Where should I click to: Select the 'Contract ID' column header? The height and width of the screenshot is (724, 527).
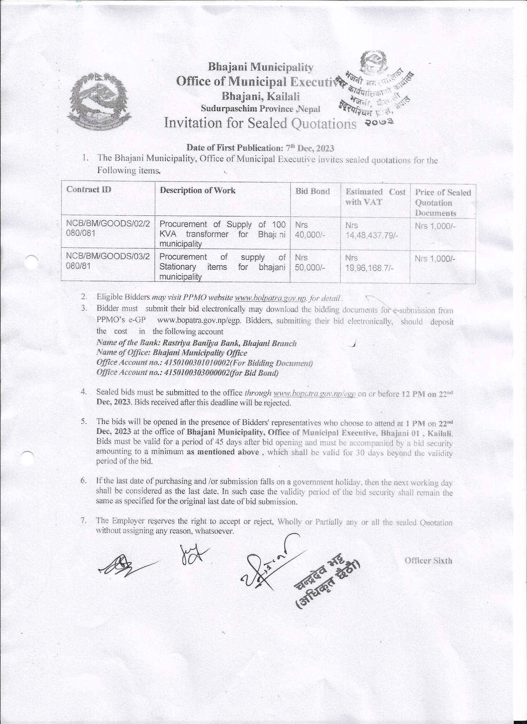(x=89, y=190)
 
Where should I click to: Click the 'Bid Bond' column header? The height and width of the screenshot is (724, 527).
(x=312, y=191)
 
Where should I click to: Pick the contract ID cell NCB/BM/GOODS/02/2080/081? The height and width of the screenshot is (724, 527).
(x=108, y=228)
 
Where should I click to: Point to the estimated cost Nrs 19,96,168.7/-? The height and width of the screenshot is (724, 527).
(x=369, y=263)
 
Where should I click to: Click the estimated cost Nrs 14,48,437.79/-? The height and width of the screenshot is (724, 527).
(x=370, y=230)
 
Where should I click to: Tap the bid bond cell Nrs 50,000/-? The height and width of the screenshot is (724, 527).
(x=309, y=262)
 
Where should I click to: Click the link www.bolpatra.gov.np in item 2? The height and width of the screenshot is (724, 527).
(x=271, y=298)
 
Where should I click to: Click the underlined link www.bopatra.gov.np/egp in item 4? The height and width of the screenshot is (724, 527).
(x=315, y=394)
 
